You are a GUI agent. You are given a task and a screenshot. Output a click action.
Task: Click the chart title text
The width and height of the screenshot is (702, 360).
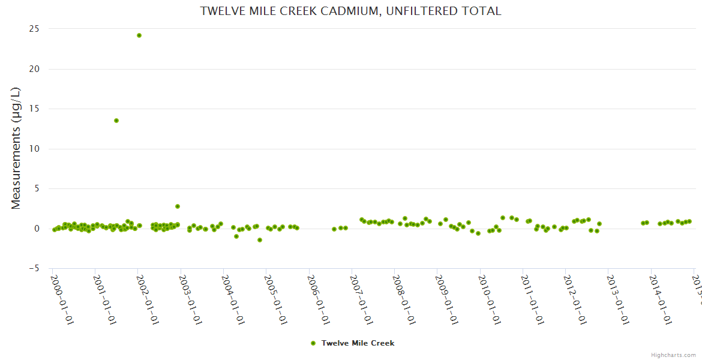coord(350,11)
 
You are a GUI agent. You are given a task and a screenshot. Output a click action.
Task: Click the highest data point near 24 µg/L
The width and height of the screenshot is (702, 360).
coord(139,35)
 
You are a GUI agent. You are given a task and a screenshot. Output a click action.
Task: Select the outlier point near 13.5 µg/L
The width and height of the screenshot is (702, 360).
coord(116,121)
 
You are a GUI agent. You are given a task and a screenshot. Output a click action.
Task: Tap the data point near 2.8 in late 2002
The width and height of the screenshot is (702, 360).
coord(178,206)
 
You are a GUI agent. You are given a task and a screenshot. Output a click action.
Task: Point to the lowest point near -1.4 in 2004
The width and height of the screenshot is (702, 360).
coord(260,240)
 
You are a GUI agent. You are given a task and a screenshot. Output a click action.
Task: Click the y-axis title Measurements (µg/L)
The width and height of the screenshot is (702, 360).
coord(16,148)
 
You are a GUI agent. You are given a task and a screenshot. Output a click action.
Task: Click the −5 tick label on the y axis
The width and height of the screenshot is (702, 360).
coord(34,268)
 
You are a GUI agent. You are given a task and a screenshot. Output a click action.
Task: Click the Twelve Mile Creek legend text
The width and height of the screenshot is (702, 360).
coord(358,343)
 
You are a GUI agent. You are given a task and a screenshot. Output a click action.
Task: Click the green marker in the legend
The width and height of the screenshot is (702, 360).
coord(313,343)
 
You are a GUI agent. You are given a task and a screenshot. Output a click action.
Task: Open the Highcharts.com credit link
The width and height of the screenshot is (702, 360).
coord(673,355)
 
